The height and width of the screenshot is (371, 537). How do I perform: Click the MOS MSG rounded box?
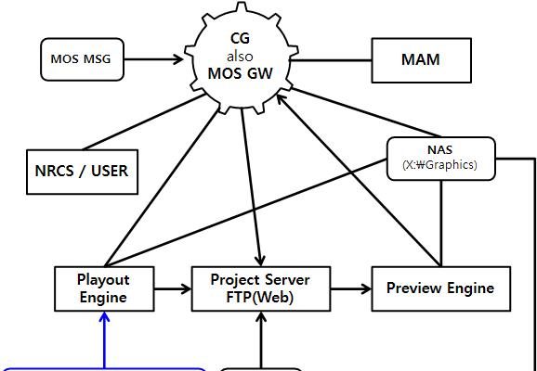click(x=82, y=59)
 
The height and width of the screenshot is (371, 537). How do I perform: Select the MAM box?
click(x=421, y=60)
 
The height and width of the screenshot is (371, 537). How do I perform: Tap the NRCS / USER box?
click(x=82, y=172)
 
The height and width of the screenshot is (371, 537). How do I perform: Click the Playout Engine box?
click(x=104, y=289)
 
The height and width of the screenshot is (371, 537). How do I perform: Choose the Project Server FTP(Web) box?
click(x=261, y=289)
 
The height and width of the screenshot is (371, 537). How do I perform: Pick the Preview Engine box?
click(x=441, y=289)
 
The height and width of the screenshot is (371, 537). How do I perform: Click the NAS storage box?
click(x=440, y=159)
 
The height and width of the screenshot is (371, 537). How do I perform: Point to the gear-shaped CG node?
click(x=242, y=58)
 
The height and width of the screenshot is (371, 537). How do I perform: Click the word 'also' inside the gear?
click(x=240, y=57)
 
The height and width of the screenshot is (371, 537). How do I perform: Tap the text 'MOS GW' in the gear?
click(x=241, y=73)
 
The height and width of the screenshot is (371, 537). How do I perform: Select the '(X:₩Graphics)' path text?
click(x=439, y=165)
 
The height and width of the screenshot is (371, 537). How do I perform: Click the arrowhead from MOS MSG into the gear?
click(x=178, y=59)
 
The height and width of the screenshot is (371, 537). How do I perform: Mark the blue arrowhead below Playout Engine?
click(x=104, y=316)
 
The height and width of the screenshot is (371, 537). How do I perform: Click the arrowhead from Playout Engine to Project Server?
click(x=186, y=289)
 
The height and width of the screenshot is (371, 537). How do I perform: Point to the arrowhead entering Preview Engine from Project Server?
click(x=366, y=289)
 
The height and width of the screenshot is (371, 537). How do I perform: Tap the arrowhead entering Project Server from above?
click(x=261, y=261)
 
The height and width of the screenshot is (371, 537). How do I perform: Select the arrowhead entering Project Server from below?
click(x=261, y=316)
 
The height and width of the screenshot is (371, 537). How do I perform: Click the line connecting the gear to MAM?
click(x=331, y=60)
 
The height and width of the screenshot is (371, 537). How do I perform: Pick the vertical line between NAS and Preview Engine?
click(x=441, y=224)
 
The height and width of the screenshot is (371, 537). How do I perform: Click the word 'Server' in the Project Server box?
click(x=285, y=280)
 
